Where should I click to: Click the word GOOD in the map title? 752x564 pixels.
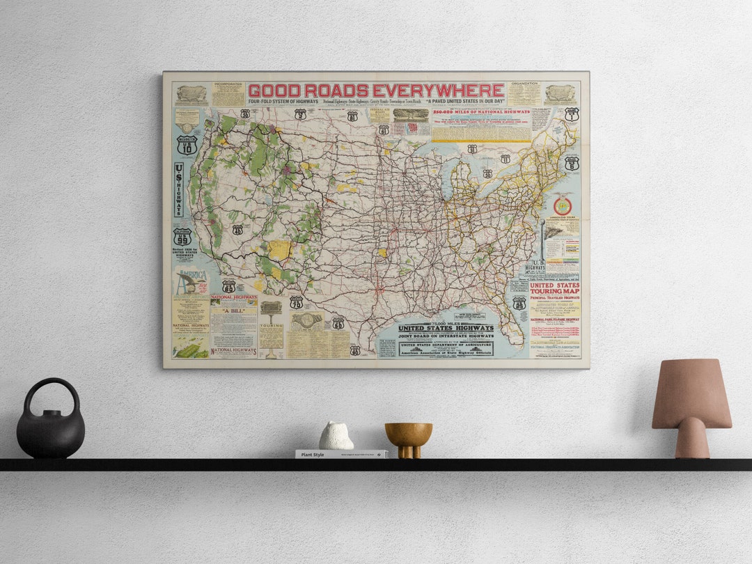click(272, 91)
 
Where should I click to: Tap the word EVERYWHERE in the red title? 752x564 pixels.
click(438, 91)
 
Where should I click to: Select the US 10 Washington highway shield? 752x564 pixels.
click(187, 145)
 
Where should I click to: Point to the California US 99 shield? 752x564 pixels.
click(182, 237)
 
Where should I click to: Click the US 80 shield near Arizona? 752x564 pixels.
click(228, 285)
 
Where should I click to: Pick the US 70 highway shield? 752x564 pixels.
click(297, 302)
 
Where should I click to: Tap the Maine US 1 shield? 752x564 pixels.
click(572, 114)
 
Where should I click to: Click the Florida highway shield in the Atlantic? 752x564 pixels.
click(519, 303)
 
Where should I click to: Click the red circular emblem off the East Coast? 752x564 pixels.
click(563, 206)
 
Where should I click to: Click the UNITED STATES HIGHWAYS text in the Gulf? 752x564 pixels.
click(446, 328)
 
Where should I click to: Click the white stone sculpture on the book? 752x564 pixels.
click(336, 436)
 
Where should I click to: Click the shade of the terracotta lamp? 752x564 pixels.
click(691, 394)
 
